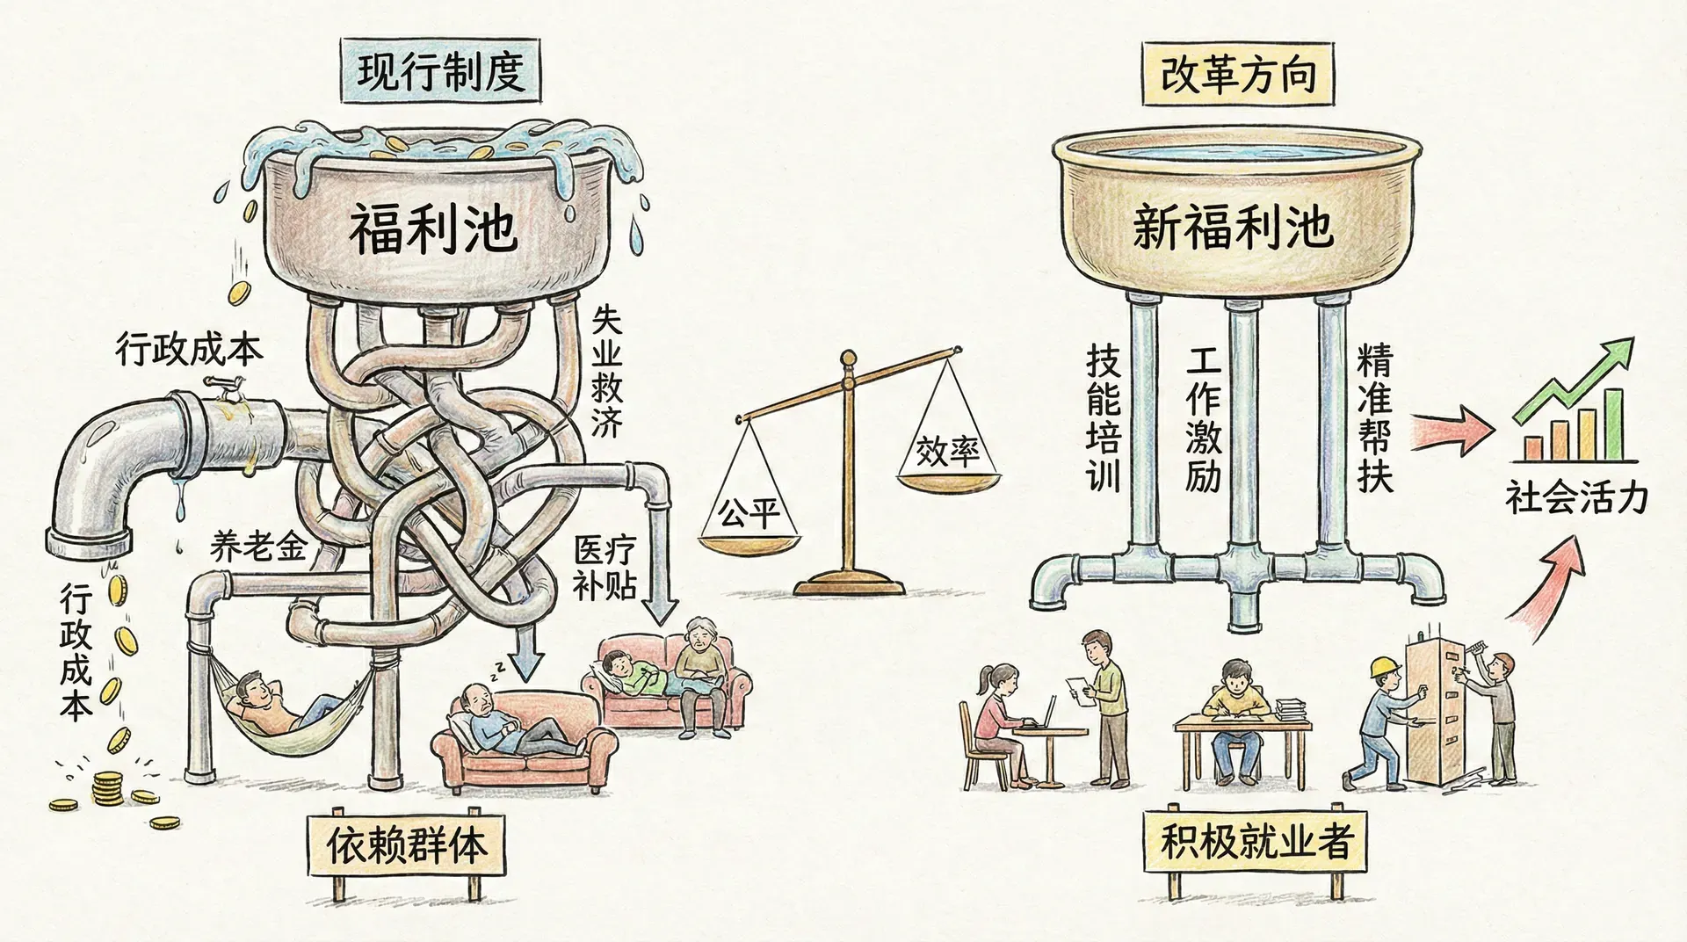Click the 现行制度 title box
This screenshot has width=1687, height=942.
pyautogui.click(x=439, y=71)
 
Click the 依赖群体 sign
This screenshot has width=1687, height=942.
pyautogui.click(x=406, y=846)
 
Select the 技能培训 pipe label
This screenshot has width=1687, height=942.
pyautogui.click(x=1104, y=417)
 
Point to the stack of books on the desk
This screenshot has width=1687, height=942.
pyautogui.click(x=1290, y=708)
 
